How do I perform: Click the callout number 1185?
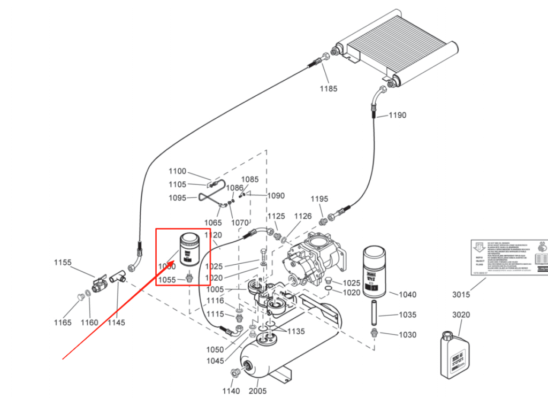329,88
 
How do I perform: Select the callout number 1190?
397,115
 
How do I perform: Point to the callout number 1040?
407,294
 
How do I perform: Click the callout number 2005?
257,391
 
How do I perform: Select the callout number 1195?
319,199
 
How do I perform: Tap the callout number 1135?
295,332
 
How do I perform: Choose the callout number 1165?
62,322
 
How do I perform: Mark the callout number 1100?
177,171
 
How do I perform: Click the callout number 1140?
231,391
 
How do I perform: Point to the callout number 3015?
461,294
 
